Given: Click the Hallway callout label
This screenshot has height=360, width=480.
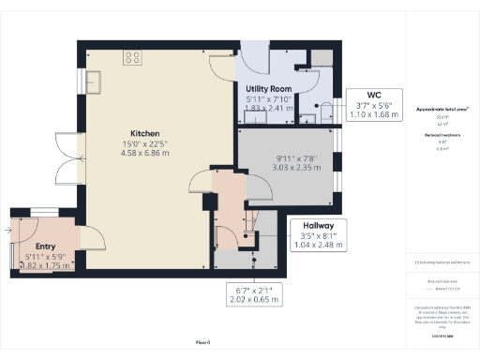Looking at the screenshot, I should pos(317,225).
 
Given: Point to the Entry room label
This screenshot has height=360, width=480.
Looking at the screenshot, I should pos(32,247).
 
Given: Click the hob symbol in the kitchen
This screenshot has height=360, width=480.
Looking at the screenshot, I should pos(132,57).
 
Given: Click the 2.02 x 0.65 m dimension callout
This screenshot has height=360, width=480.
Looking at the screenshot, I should pos(253,300).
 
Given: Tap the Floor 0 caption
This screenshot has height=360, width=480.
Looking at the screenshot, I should pos(202,344).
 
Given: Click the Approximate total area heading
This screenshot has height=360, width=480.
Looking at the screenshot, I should pos(442,110).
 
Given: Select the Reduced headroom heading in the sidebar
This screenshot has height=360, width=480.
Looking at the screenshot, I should pos(442,135).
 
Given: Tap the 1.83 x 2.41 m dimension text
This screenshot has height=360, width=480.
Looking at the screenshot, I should pos(268,108).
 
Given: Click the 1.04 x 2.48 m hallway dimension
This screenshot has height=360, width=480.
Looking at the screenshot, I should pos(317,245).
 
